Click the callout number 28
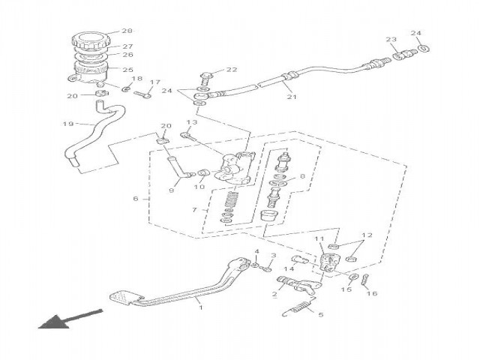pyautogui.click(x=126, y=31)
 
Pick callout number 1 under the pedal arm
pyautogui.click(x=199, y=307)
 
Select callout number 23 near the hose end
pyautogui.click(x=390, y=40)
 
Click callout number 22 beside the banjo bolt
pyautogui.click(x=231, y=70)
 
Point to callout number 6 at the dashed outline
pyautogui.click(x=136, y=199)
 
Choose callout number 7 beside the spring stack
pyautogui.click(x=196, y=211)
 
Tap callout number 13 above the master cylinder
pyautogui.click(x=191, y=121)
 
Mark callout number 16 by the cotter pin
pyautogui.click(x=370, y=294)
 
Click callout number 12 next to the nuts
pyautogui.click(x=367, y=235)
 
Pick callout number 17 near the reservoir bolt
pyautogui.click(x=155, y=82)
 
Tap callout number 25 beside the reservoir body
pyautogui.click(x=127, y=70)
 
